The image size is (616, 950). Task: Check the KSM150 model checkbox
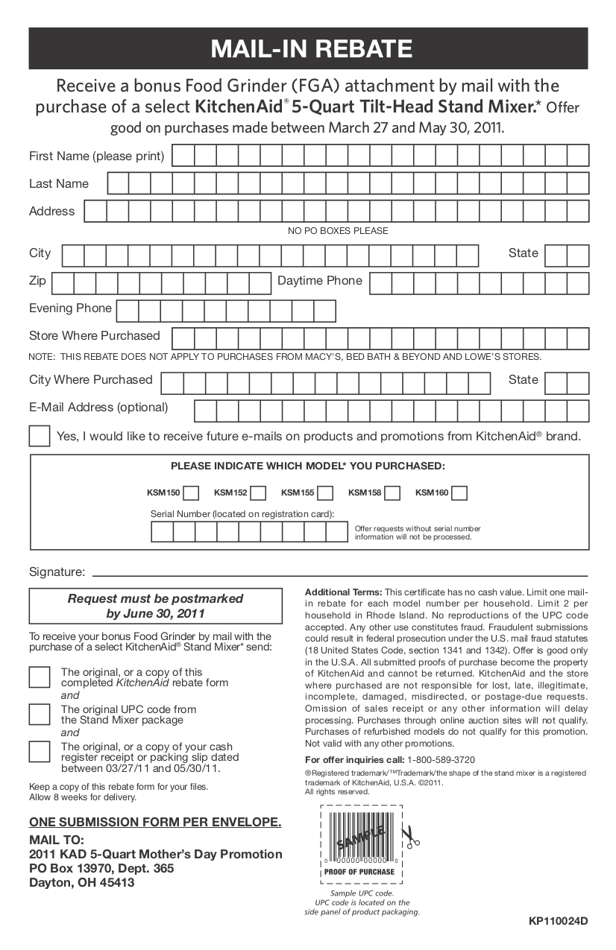pos(192,493)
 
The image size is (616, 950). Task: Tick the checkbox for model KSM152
pos(259,493)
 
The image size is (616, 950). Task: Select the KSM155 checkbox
pos(326,493)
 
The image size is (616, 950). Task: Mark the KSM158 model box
pos(393,493)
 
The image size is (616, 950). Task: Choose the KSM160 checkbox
pos(460,493)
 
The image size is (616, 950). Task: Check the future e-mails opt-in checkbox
pos(40,436)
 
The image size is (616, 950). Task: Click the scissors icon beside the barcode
pos(409,837)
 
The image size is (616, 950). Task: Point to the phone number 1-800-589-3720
pos(441,760)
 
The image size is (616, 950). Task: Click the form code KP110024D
pos(559,921)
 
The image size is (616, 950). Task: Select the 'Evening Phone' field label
pos(70,308)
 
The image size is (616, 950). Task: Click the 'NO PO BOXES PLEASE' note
pos(338,231)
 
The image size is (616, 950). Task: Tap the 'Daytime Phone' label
pos(319,281)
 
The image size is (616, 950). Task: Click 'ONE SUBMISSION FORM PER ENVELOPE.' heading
pos(155,823)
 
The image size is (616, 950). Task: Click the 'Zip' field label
pos(37,281)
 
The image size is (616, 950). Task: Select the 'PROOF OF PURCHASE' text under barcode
pos(359,872)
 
